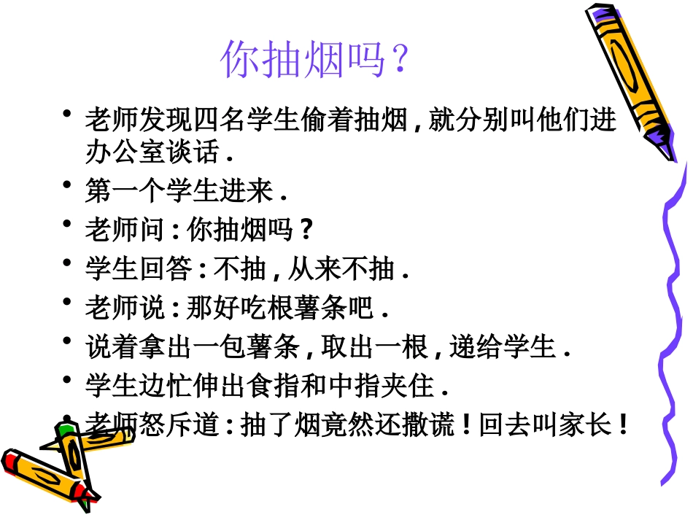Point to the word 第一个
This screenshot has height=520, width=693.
(x=136, y=192)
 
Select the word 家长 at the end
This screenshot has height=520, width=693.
(x=591, y=425)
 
